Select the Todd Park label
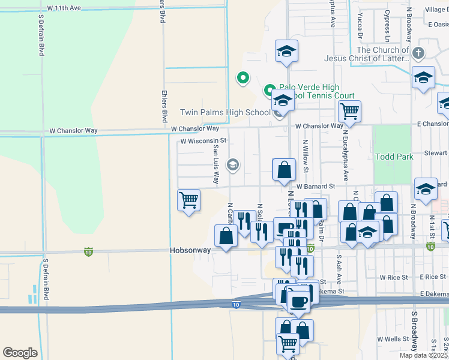point(394,157)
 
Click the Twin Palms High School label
point(225,112)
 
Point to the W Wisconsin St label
point(203,141)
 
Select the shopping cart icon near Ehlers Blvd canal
point(189,199)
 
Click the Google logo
point(20,352)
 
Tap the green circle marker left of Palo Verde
point(243,77)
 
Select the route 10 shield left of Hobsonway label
point(89,251)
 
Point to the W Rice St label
point(393,277)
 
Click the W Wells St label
point(389,339)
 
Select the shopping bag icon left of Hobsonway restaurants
point(226,235)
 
